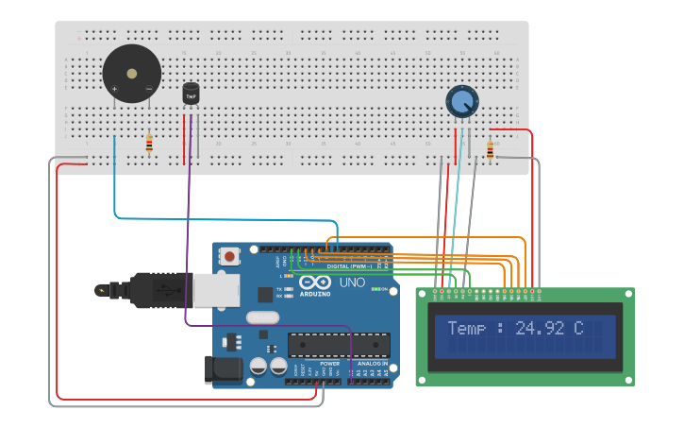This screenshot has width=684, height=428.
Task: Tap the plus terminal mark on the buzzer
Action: coord(115,89)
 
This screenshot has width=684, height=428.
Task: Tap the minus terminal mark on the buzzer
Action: coord(148,89)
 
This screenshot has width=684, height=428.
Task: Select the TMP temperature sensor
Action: coord(191,94)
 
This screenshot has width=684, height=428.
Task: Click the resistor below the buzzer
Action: coord(149,144)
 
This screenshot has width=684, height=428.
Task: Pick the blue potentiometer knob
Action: coord(461,101)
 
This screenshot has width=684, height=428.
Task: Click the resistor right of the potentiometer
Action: coord(490,149)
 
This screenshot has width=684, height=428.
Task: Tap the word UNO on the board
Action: coord(351,282)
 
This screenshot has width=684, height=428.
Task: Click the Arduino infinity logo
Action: coord(315,282)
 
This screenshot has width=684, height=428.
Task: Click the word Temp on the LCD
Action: coord(466,329)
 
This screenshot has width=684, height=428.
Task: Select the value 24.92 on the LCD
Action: coord(537,329)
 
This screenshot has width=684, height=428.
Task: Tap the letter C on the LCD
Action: coord(578,329)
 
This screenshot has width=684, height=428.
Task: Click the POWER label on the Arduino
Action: coord(329,364)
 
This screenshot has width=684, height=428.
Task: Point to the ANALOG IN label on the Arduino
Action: coord(372,364)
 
